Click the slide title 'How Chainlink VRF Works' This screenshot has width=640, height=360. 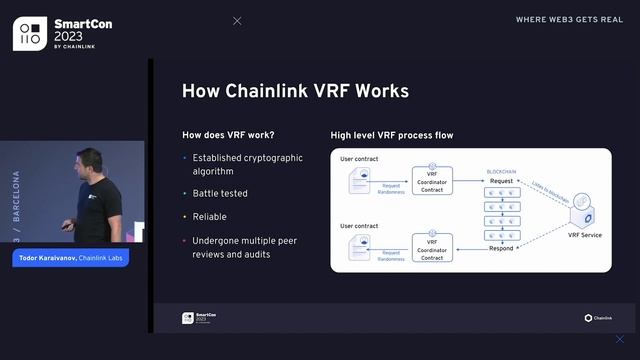tap(295, 91)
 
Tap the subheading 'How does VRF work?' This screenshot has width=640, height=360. tap(228, 135)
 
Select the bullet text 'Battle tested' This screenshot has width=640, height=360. tap(221, 193)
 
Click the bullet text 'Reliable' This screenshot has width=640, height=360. tap(211, 216)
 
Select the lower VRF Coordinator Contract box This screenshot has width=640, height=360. tap(432, 247)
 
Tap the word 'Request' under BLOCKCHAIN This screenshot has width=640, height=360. tap(501, 181)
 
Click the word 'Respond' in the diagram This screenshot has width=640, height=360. tap(501, 247)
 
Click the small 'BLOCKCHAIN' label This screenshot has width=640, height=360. tap(501, 170)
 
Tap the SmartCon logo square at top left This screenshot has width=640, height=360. tap(30, 32)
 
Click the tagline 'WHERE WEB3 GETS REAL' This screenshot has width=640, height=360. tap(570, 19)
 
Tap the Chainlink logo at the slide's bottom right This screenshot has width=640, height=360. tap(598, 318)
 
